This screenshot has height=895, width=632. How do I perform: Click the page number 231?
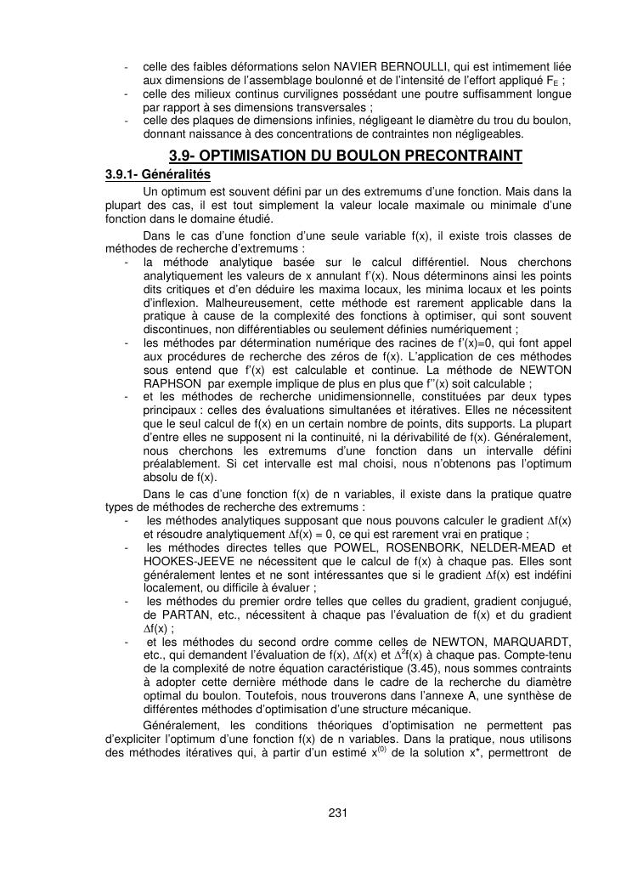pos(338,813)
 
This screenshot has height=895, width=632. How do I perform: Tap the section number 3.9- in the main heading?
pos(183,156)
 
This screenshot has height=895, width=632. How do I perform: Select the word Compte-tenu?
pos(533,653)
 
